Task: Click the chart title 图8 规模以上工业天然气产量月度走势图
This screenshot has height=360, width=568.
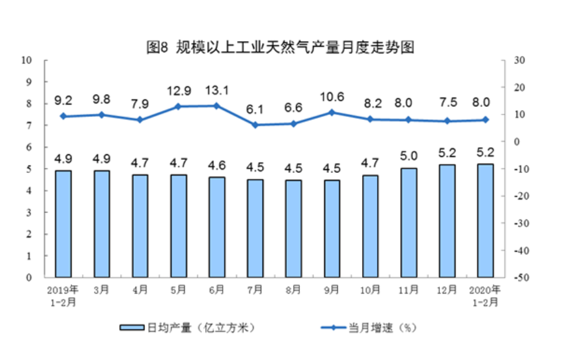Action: tap(279, 47)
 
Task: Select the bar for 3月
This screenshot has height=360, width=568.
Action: tap(101, 224)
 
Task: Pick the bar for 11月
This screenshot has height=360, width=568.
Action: tap(408, 223)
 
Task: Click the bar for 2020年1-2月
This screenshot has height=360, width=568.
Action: tap(485, 221)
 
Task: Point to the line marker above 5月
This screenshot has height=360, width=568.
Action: tap(179, 106)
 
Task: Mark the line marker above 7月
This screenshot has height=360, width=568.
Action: tap(255, 125)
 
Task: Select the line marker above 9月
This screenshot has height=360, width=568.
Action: tap(332, 113)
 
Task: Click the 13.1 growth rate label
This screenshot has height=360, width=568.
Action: tap(216, 91)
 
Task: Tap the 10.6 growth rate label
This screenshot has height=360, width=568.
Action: tap(332, 96)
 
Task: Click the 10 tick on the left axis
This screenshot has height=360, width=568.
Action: tap(27, 60)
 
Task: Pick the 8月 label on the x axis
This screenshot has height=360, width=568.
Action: tap(294, 289)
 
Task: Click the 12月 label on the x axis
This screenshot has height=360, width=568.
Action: tap(447, 289)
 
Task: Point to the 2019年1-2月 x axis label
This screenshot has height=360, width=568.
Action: tap(63, 294)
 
